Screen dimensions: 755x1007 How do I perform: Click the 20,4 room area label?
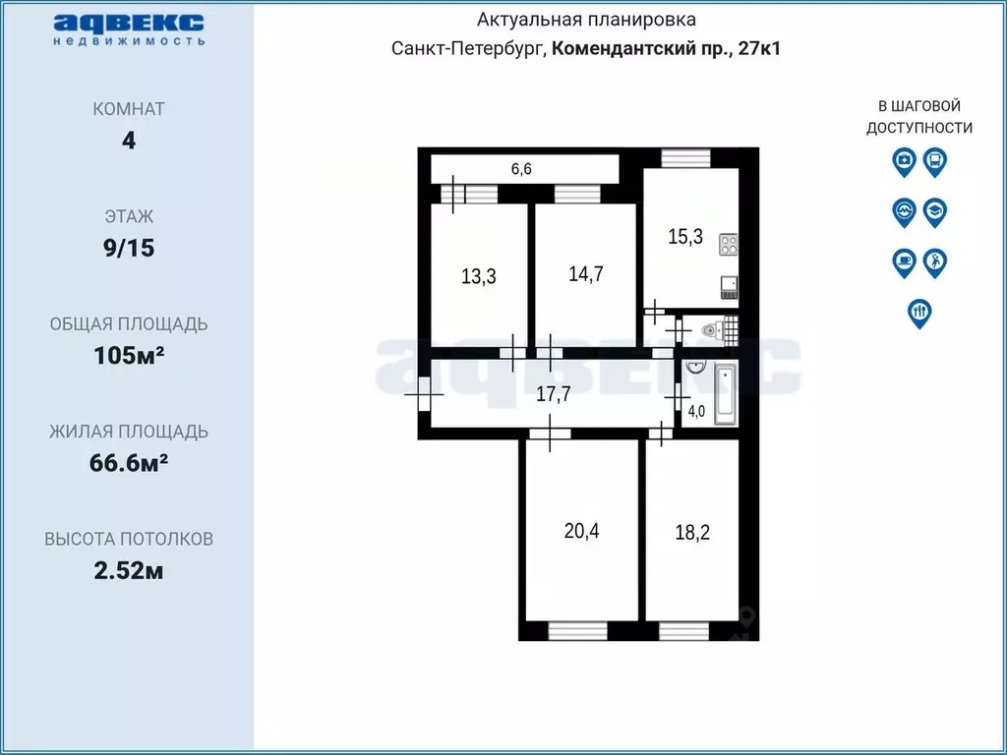(582, 531)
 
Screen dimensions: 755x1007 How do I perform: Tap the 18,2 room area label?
(692, 533)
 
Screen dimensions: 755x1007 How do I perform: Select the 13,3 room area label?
(478, 276)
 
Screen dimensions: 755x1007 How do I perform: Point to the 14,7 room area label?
(586, 273)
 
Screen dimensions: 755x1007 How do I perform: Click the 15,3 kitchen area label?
(684, 237)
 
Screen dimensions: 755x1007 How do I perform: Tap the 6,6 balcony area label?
(521, 169)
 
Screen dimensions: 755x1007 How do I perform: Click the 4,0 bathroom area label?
(696, 412)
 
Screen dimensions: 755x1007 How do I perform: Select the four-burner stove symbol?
(729, 243)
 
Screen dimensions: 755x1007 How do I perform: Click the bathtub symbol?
(725, 393)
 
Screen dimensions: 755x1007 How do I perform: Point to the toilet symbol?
(713, 332)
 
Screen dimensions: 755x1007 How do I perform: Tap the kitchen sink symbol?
(730, 286)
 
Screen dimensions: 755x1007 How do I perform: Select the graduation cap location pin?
(935, 210)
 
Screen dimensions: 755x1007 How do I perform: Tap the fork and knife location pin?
(919, 312)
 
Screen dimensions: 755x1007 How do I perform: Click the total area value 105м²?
(128, 355)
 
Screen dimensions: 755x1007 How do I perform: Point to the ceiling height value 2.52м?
(128, 570)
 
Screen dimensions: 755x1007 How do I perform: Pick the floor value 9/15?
(128, 248)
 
